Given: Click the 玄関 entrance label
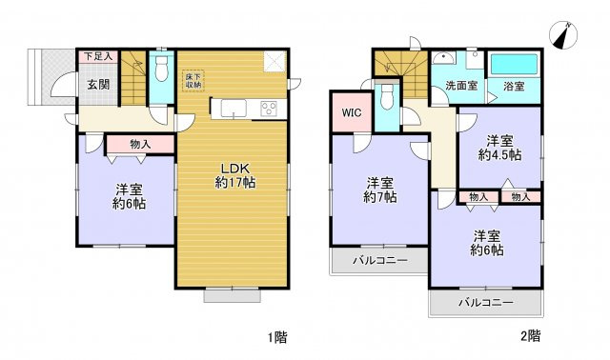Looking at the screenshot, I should pyautogui.click(x=98, y=84).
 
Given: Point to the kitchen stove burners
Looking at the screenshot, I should pyautogui.click(x=269, y=109).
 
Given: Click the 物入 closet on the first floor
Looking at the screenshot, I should pyautogui.click(x=139, y=144).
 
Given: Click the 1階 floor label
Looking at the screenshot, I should pyautogui.click(x=275, y=335).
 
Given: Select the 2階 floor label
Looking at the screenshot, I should pyautogui.click(x=530, y=335).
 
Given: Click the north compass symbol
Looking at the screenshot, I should pyautogui.click(x=564, y=36).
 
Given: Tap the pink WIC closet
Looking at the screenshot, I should pyautogui.click(x=350, y=112).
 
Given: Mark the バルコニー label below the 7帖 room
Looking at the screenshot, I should pyautogui.click(x=378, y=260).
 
